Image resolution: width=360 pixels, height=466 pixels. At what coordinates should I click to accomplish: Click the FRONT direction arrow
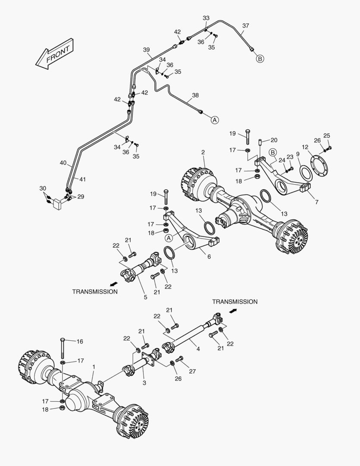(55, 54)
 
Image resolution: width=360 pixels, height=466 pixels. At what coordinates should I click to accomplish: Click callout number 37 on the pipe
(245, 26)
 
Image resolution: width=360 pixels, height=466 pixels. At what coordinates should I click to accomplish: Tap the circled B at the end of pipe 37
(260, 59)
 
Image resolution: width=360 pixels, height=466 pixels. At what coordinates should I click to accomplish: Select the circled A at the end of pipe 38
(215, 120)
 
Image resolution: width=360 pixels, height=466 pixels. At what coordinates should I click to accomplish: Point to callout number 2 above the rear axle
(203, 152)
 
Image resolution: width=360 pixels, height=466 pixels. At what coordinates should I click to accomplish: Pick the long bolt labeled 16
(63, 348)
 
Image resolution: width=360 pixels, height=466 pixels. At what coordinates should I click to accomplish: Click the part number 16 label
(80, 341)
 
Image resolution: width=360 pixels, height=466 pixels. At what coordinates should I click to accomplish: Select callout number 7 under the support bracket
(317, 202)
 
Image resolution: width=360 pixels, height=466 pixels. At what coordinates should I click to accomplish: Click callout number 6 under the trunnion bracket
(209, 257)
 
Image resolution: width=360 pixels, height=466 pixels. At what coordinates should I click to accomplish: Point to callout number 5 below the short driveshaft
(145, 297)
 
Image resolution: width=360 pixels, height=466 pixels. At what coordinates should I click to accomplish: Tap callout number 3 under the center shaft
(144, 383)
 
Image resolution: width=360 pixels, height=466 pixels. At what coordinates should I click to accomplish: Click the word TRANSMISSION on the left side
(95, 292)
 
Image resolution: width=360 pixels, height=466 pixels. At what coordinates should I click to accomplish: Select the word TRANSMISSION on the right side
(235, 302)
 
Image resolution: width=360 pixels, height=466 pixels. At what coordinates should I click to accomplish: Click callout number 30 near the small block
(42, 188)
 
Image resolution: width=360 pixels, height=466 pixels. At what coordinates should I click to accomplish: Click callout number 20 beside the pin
(274, 140)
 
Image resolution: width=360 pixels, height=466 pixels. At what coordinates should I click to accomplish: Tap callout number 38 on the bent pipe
(195, 95)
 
